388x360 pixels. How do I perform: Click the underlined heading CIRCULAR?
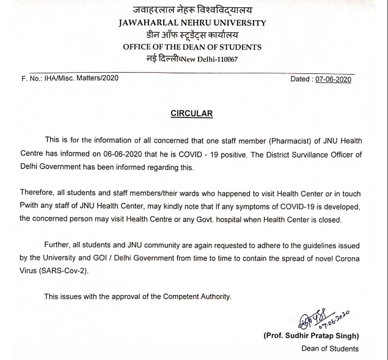[x=191, y=113]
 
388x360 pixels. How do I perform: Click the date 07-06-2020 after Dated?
[x=334, y=79]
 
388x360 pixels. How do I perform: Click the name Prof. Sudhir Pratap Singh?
[x=311, y=337]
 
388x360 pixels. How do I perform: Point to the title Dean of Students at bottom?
[x=330, y=349]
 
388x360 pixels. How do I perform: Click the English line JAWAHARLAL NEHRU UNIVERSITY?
[x=192, y=23]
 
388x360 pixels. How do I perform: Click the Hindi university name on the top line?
[x=192, y=9]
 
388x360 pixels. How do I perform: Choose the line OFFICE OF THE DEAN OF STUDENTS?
[x=192, y=47]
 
